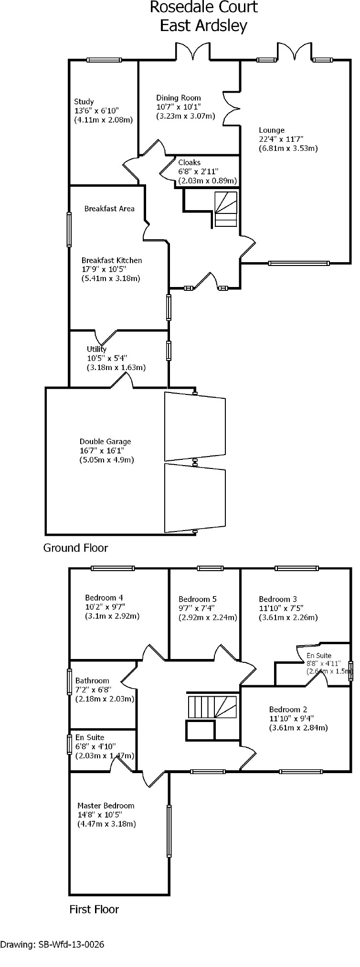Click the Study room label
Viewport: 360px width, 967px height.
pyautogui.click(x=84, y=102)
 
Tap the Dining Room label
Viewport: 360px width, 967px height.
pyautogui.click(x=179, y=98)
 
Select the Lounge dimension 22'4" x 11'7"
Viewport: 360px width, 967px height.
pyautogui.click(x=281, y=139)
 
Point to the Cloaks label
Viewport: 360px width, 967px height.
pyautogui.click(x=190, y=162)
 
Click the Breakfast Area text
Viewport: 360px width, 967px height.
pyautogui.click(x=109, y=209)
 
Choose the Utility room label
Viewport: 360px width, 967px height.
pyautogui.click(x=96, y=349)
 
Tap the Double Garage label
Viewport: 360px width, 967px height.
pyautogui.click(x=105, y=442)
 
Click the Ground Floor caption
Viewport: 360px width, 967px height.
pyautogui.click(x=75, y=548)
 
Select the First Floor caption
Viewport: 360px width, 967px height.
pyautogui.click(x=94, y=909)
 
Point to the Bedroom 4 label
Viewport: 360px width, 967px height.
pyautogui.click(x=104, y=597)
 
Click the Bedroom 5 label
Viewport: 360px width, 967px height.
pyautogui.click(x=198, y=599)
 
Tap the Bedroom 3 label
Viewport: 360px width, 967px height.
pyautogui.click(x=278, y=599)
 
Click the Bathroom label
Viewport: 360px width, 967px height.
pyautogui.click(x=92, y=680)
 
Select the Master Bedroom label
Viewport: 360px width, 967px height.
pyautogui.click(x=106, y=806)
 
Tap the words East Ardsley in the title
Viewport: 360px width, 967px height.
pyautogui.click(x=203, y=25)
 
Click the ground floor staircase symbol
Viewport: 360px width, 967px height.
pyautogui.click(x=225, y=209)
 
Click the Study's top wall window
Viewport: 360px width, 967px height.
pyautogui.click(x=104, y=60)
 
